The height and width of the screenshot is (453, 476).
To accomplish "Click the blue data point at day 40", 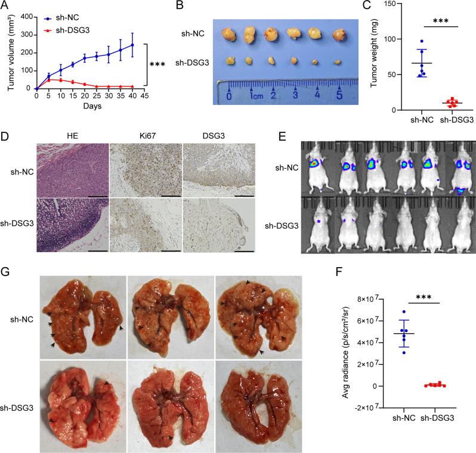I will click(149, 45).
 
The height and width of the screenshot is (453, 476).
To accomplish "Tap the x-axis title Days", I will click(92, 106).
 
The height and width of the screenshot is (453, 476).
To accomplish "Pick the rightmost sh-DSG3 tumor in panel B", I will click(338, 61).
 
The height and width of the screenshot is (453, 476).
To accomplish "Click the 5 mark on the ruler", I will click(339, 95).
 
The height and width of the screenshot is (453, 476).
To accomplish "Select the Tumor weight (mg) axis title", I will click(377, 57).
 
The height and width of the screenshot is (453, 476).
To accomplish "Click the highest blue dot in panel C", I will click(422, 42).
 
